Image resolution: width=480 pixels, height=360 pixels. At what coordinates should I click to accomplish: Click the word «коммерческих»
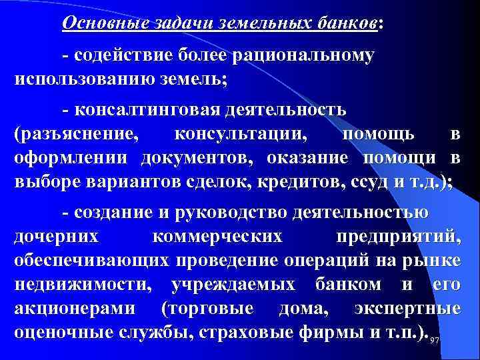pos(217,237)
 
